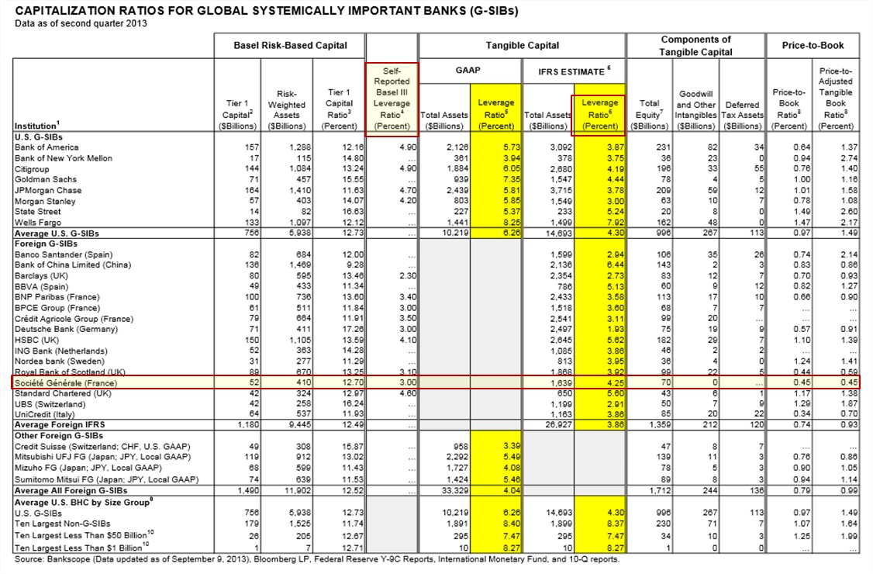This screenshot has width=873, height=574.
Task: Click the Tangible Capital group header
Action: (x=522, y=46)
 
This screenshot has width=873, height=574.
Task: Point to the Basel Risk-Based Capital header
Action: (x=290, y=46)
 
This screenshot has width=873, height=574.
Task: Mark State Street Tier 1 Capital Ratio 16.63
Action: (x=342, y=212)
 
